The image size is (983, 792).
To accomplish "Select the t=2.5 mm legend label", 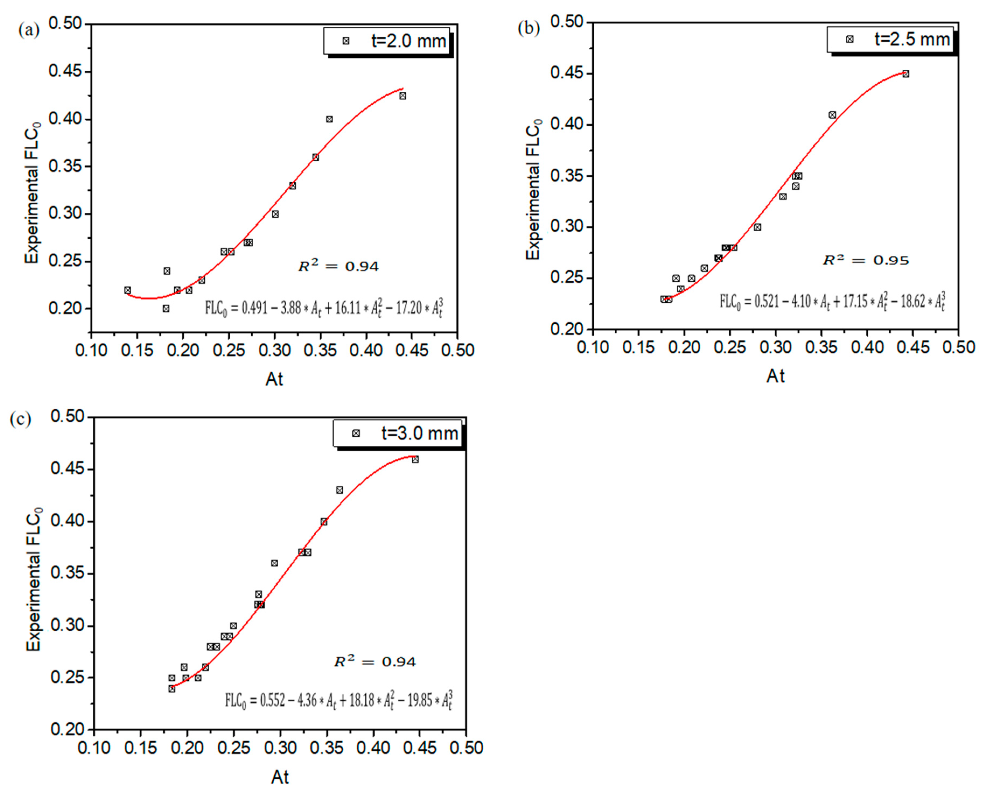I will tap(912, 39).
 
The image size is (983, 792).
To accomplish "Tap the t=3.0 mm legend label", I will tap(419, 433).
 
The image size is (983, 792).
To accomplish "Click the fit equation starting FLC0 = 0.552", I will tap(338, 700).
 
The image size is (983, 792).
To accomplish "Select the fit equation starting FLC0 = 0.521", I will tap(832, 302).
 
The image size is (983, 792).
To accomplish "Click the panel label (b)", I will tap(528, 28).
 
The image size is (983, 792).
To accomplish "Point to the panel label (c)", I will tap(20, 419).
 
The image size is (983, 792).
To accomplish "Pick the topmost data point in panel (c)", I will tap(415, 459).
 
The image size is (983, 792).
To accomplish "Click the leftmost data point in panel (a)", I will tap(127, 290).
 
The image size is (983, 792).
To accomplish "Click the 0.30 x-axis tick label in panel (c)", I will tap(280, 748).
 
